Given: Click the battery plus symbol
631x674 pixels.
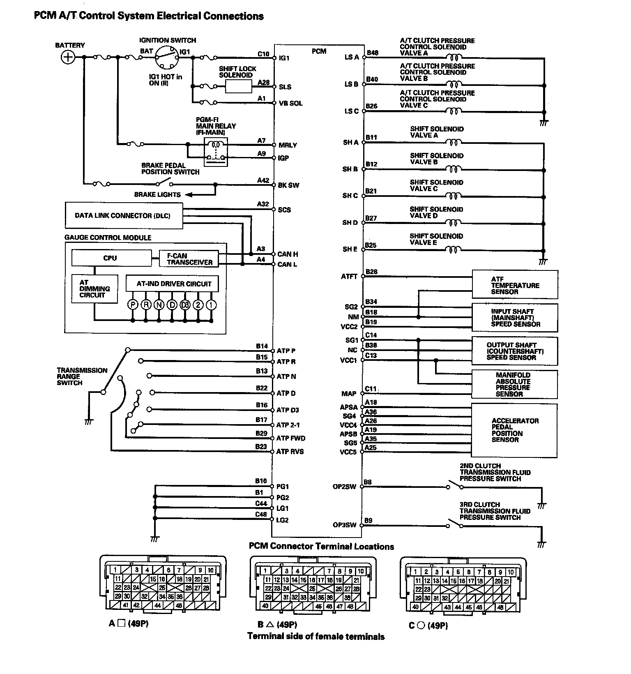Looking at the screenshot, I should pyautogui.click(x=68, y=57).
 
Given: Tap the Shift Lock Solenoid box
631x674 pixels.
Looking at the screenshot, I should pyautogui.click(x=239, y=86).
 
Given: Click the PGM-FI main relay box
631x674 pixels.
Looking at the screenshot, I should pyautogui.click(x=216, y=151).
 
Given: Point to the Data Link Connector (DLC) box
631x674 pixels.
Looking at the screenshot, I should pyautogui.click(x=124, y=215).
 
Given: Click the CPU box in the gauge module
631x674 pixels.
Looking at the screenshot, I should pyautogui.click(x=111, y=258).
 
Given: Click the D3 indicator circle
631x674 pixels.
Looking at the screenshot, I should pyautogui.click(x=185, y=305).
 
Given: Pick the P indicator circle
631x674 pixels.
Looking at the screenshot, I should pyautogui.click(x=133, y=305).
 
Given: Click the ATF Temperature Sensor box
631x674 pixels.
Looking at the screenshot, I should pyautogui.click(x=515, y=284).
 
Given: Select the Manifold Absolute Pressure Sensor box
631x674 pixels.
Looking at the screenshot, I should pyautogui.click(x=514, y=384).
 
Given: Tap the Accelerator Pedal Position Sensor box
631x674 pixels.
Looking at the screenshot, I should pyautogui.click(x=514, y=430).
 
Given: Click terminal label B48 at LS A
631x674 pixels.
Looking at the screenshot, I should pyautogui.click(x=372, y=53).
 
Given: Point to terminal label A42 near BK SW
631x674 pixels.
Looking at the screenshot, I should pyautogui.click(x=263, y=180).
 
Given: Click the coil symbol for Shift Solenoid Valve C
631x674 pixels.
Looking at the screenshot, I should pyautogui.click(x=453, y=196).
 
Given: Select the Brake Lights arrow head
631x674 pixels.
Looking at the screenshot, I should pyautogui.click(x=188, y=194).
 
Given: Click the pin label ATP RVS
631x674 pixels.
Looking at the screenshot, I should pyautogui.click(x=290, y=451).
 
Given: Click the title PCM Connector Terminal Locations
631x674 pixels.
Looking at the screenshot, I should pyautogui.click(x=321, y=546).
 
